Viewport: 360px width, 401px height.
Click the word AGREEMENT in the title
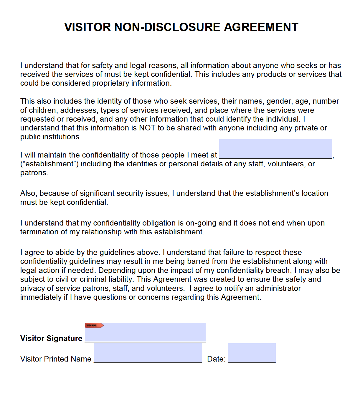(261, 27)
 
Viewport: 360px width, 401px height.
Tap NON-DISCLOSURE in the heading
(167, 27)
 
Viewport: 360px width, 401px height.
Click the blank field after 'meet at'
(275, 149)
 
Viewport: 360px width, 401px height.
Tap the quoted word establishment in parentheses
(49, 164)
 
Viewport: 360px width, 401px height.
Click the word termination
(39, 232)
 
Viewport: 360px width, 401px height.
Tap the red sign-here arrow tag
(94, 325)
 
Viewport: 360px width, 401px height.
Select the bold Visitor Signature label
(51, 339)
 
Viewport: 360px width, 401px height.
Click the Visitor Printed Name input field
(148, 353)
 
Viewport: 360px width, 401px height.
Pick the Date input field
(252, 353)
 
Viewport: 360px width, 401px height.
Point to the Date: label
(216, 359)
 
